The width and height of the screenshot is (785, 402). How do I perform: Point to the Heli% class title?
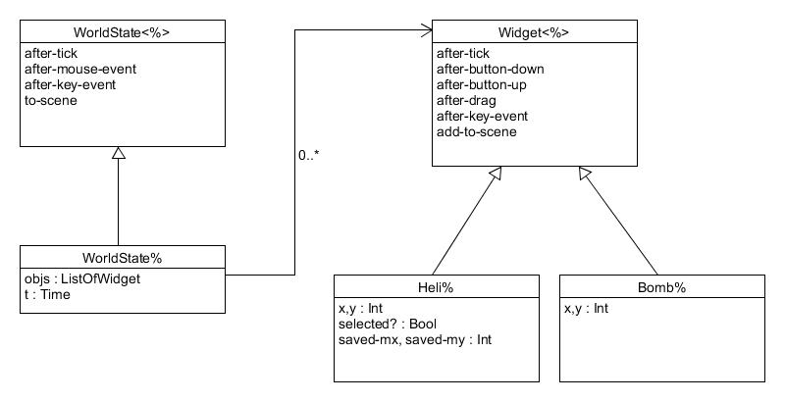pos(437,288)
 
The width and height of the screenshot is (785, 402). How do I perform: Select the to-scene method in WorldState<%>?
pos(52,100)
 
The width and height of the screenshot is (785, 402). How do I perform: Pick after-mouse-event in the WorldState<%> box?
pos(81,69)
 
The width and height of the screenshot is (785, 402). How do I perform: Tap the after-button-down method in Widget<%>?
pos(490,69)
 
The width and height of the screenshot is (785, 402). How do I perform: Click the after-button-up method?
pos(481,84)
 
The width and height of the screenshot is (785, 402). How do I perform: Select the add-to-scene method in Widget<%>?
pos(477,131)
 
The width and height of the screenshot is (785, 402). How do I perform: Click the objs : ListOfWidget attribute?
pos(82,279)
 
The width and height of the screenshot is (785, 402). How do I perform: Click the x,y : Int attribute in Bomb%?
pos(587,309)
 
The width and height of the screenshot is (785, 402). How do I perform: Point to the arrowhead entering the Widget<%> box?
pos(427,32)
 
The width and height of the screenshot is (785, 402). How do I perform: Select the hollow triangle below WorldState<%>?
pos(119,154)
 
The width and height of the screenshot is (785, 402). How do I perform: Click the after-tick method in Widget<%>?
pos(464,54)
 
